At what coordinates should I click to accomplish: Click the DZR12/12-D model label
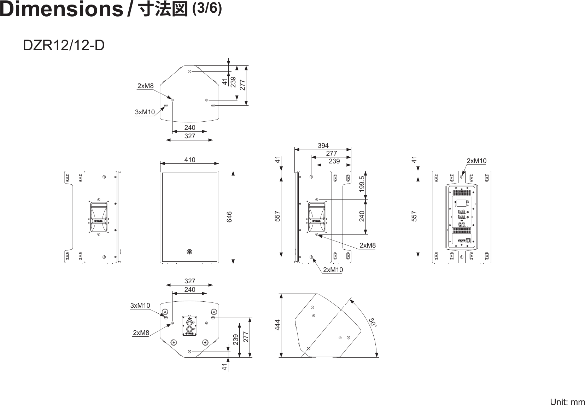64,45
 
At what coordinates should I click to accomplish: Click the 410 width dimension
190,160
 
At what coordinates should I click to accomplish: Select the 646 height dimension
229,217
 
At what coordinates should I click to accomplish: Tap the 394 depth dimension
323,145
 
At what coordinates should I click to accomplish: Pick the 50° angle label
373,323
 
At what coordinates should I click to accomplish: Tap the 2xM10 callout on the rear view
476,161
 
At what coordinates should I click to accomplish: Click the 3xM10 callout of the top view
145,112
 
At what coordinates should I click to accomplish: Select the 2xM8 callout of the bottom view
141,332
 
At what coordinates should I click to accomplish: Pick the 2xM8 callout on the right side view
368,245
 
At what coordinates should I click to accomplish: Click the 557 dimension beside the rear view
414,216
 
